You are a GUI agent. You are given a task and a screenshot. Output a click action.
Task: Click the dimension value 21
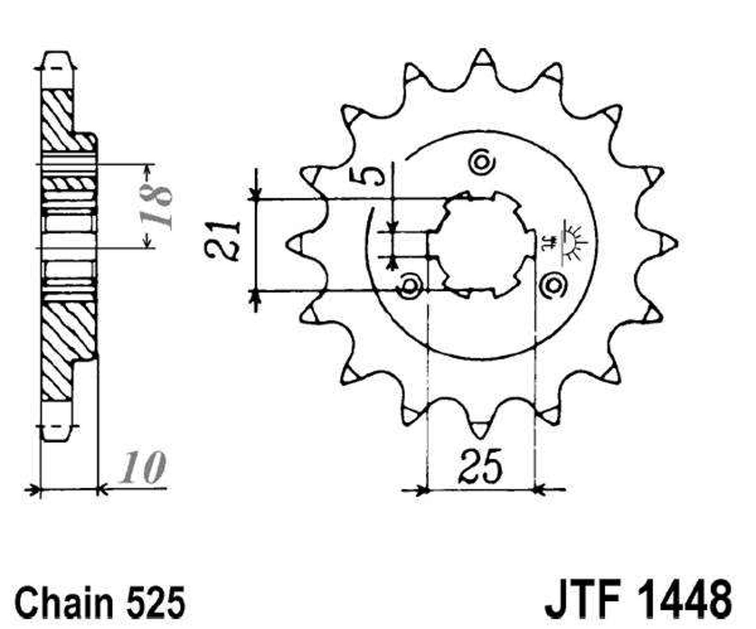pyautogui.click(x=223, y=240)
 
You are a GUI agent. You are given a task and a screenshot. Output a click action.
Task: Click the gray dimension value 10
pyautogui.click(x=142, y=469)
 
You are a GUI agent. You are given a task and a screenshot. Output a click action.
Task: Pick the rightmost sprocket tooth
pyautogui.click(x=667, y=243)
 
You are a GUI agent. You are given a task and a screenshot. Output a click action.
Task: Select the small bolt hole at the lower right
pyautogui.click(x=552, y=284)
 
